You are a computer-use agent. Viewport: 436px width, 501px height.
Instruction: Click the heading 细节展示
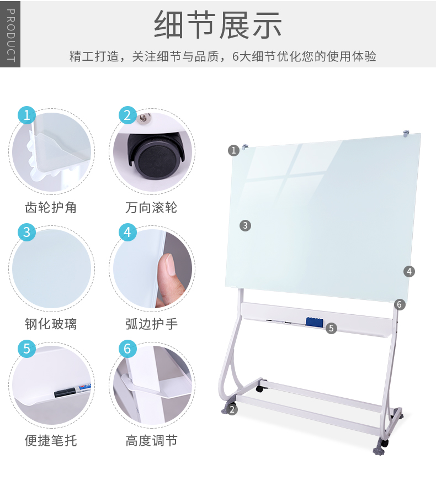click(217, 25)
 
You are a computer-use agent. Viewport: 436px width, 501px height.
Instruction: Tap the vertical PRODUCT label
click(10, 34)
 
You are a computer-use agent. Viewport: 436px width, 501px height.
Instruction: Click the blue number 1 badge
click(27, 115)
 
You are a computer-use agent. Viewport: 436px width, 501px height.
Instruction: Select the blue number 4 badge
click(127, 232)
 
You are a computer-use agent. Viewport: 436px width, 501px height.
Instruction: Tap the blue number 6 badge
click(127, 349)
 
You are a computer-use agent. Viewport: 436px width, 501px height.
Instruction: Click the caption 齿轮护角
click(51, 207)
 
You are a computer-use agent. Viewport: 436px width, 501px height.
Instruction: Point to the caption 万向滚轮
click(151, 207)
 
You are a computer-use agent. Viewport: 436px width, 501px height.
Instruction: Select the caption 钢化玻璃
click(51, 324)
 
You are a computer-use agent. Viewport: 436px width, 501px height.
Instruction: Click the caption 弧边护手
click(151, 324)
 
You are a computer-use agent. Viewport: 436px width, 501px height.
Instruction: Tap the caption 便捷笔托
click(51, 441)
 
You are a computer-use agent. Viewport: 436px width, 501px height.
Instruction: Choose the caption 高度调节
click(151, 441)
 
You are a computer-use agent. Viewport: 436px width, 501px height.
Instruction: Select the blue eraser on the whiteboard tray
click(315, 321)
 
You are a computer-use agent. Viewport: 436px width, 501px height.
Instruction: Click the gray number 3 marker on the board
click(245, 225)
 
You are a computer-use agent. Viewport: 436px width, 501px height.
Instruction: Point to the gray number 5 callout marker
click(331, 328)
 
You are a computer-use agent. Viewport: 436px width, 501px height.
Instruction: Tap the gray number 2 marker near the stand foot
click(232, 409)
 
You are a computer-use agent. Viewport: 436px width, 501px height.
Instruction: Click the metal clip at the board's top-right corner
click(406, 133)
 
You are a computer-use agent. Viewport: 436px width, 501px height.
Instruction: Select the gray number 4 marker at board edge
click(409, 272)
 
